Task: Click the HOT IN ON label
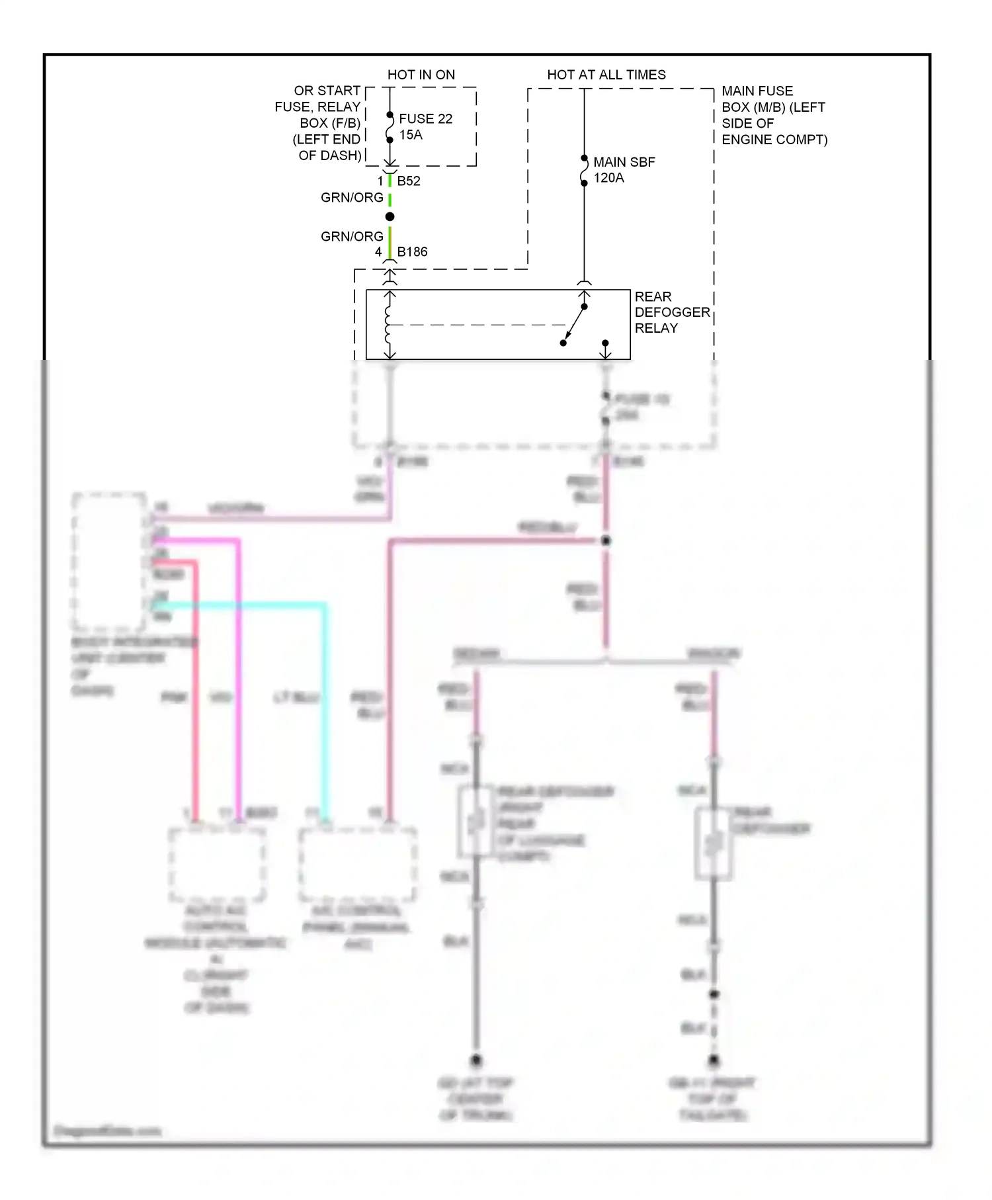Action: pos(421,75)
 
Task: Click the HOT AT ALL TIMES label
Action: pos(606,75)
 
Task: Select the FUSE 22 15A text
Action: pos(425,126)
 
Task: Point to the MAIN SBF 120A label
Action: pos(623,169)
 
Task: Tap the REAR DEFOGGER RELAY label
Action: pos(671,312)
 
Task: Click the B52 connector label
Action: pos(409,181)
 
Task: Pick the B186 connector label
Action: pos(412,251)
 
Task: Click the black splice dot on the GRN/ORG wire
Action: pos(390,217)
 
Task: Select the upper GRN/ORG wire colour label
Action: pos(352,197)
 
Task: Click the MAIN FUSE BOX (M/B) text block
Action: pos(773,115)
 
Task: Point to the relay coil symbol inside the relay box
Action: pos(389,325)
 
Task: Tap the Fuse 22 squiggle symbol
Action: pos(390,127)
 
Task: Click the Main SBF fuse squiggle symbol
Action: pos(584,170)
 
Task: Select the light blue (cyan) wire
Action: pos(324,708)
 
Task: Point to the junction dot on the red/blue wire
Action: pos(605,540)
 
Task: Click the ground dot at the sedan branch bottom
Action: pos(475,1060)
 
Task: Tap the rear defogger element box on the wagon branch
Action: pos(713,844)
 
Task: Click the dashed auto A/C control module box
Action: pos(218,864)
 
